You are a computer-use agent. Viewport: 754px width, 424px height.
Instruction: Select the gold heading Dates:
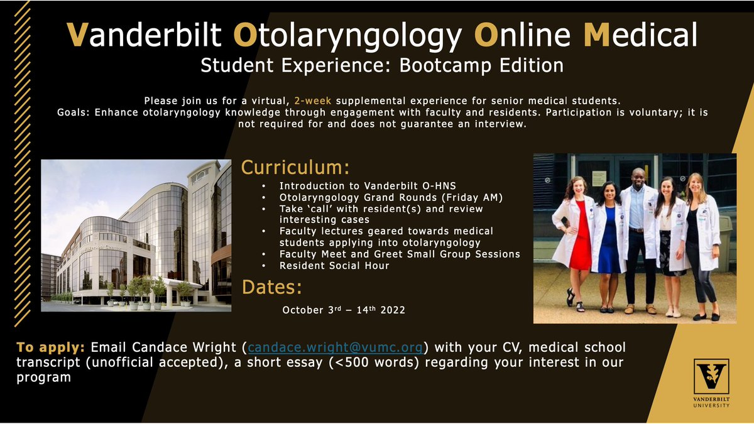tap(272, 288)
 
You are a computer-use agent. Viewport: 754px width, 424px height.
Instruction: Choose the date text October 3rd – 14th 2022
tap(343, 310)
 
